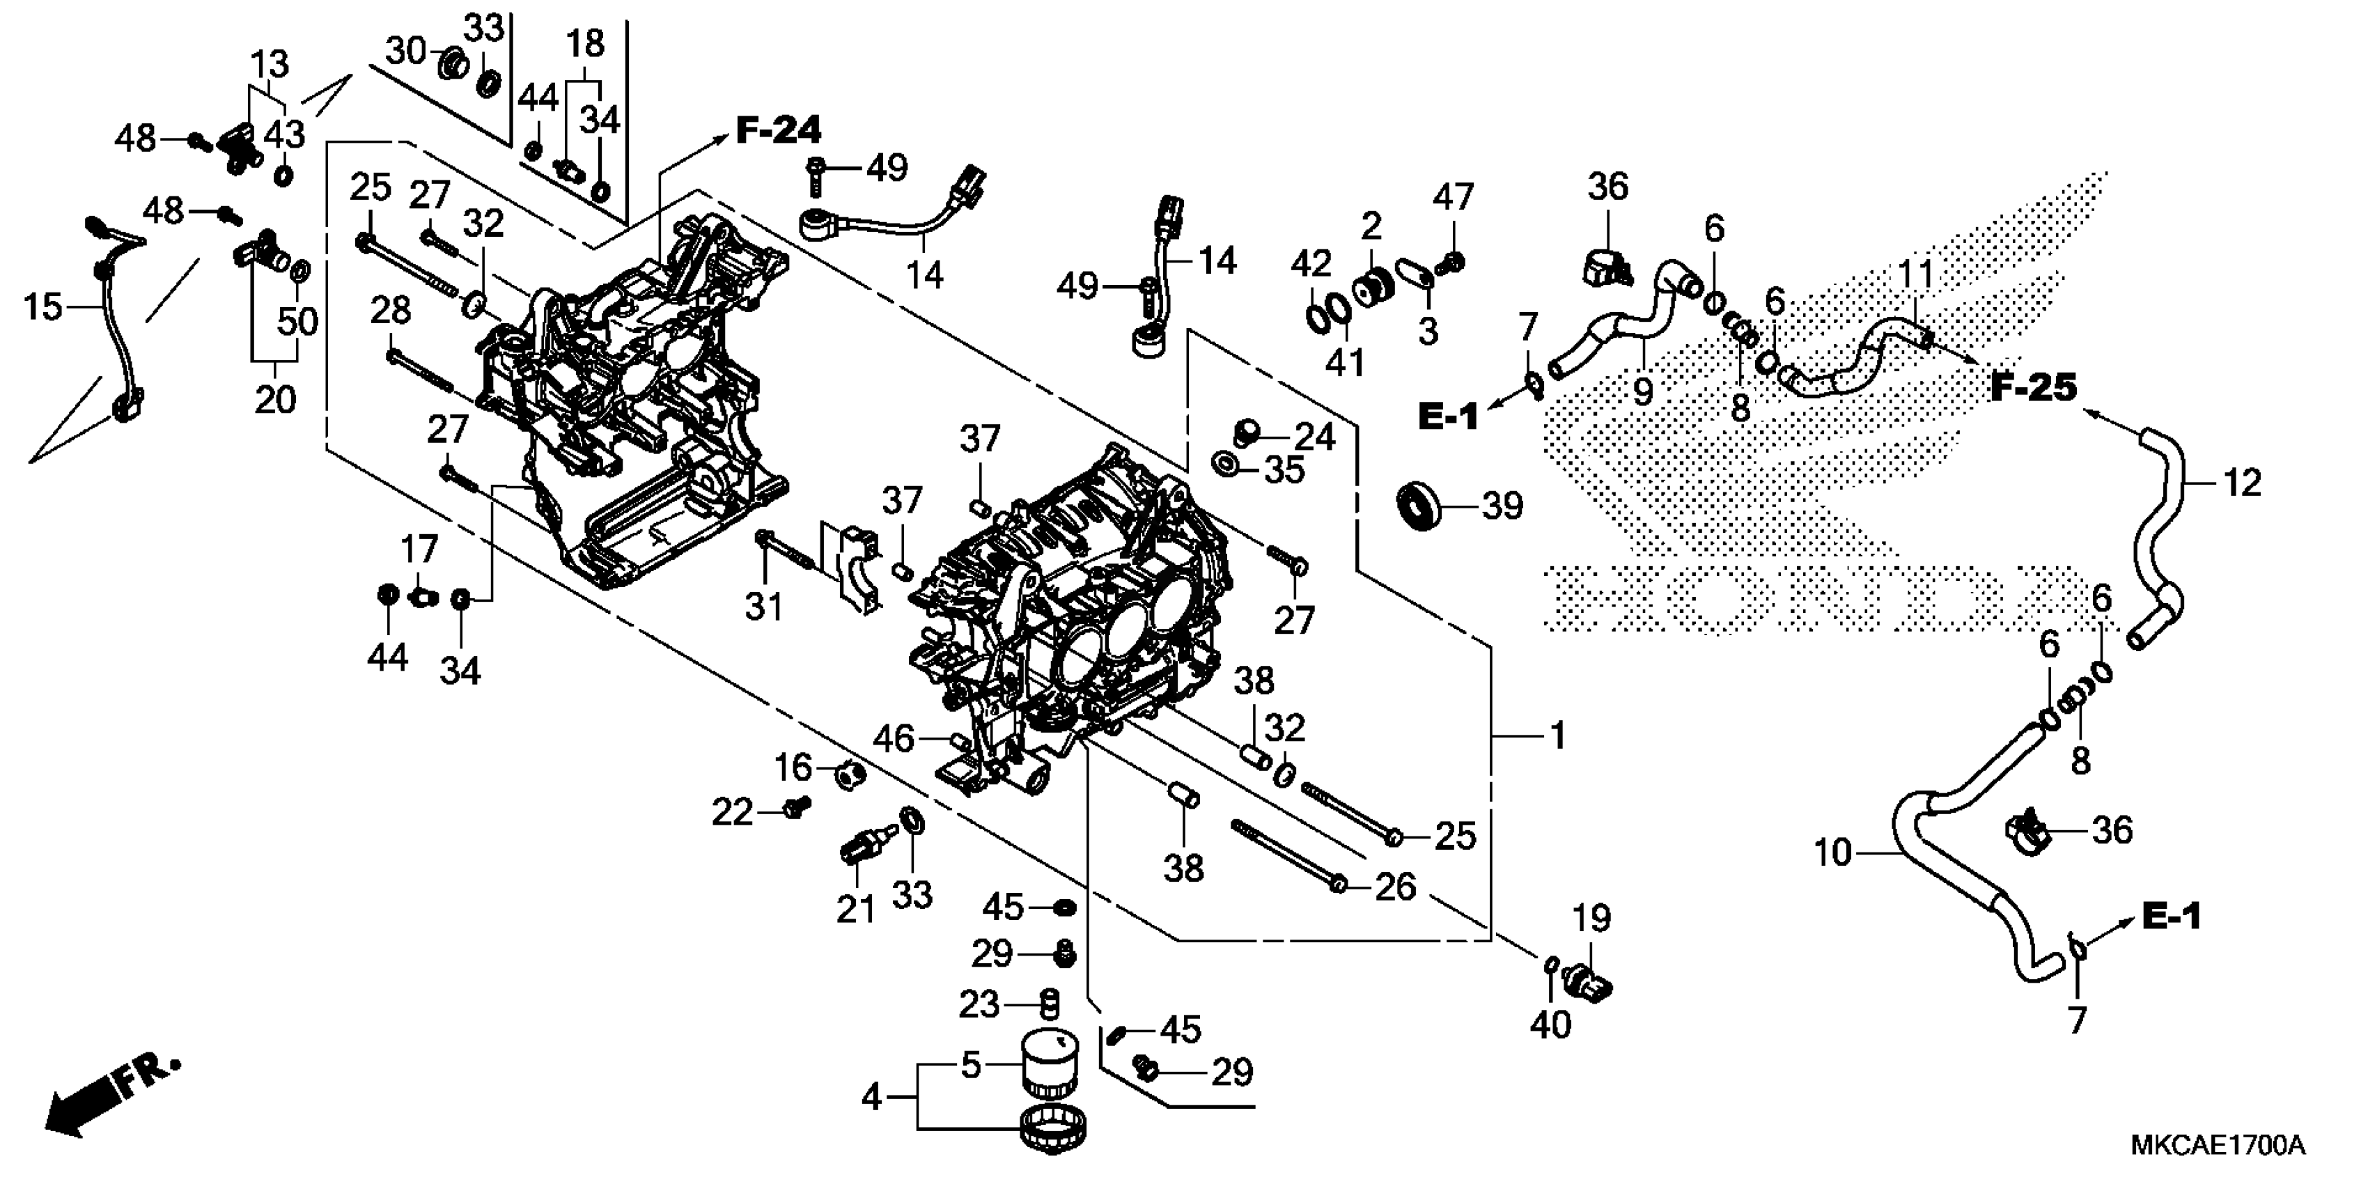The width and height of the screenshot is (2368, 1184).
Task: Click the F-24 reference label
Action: [778, 130]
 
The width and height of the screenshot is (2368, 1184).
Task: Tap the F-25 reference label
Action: [2034, 387]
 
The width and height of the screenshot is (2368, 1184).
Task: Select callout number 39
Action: [1502, 506]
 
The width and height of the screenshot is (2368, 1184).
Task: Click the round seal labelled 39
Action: [1420, 506]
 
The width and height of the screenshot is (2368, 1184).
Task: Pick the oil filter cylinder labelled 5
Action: [1051, 1064]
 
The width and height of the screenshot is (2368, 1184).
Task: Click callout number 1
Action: [1557, 735]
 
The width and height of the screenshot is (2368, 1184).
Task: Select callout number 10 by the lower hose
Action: [1832, 853]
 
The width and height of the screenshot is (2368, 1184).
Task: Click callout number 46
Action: [894, 738]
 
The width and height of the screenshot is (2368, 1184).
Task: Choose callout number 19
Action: [1591, 919]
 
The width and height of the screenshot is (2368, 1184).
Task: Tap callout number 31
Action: [763, 607]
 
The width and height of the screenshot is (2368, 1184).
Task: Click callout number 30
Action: [405, 51]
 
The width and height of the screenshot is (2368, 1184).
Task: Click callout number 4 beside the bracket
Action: [871, 1097]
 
